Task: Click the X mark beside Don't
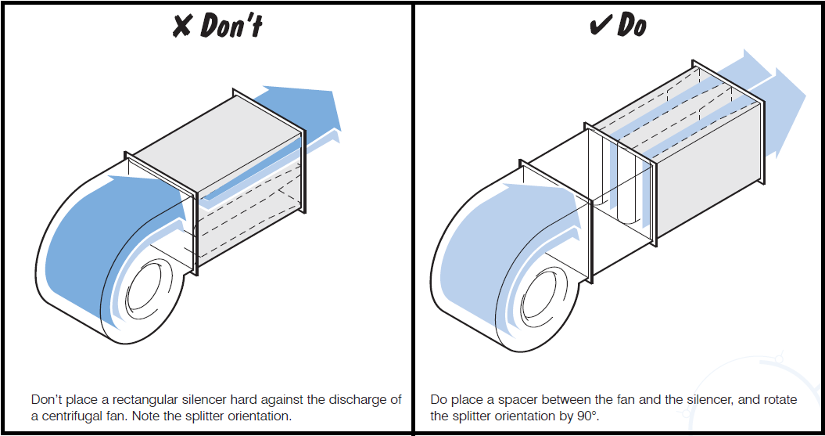click(182, 26)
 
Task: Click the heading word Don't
click(231, 25)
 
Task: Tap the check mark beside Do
click(600, 26)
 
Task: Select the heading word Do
click(632, 25)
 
